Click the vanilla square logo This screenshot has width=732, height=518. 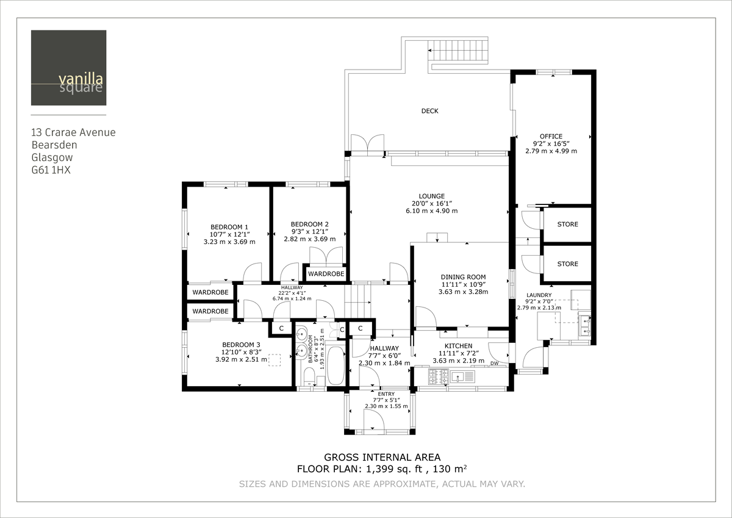[68, 68]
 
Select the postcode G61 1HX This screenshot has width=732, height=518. [51, 171]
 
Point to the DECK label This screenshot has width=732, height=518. [429, 111]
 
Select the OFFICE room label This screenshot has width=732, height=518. [551, 137]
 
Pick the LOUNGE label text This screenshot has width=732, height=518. [431, 196]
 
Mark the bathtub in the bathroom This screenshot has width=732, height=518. [335, 365]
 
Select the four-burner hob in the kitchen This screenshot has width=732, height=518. [439, 377]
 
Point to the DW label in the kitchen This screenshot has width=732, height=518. [494, 364]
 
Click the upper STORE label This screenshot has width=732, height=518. [567, 225]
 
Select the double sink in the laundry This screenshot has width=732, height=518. [584, 325]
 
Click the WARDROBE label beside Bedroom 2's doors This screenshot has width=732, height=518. [326, 275]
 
